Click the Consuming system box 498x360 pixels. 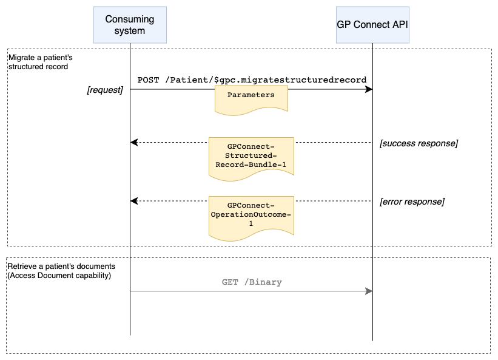tap(130, 25)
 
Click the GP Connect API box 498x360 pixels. tap(372, 25)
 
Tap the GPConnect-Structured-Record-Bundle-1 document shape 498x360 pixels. tap(251, 156)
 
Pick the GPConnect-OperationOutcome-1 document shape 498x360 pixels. tap(251, 215)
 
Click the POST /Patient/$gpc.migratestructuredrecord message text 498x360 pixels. tap(252, 80)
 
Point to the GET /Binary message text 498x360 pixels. tap(252, 282)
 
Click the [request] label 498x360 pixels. tap(105, 90)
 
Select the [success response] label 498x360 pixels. tap(418, 143)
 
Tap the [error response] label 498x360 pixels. tap(412, 202)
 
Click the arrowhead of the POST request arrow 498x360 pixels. tap(368, 90)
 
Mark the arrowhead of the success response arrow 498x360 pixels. tap(135, 143)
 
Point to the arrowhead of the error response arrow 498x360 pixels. tap(135, 201)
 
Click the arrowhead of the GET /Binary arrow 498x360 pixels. tap(368, 291)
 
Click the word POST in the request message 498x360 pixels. tap(148, 80)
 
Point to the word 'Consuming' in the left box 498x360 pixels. tap(130, 19)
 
